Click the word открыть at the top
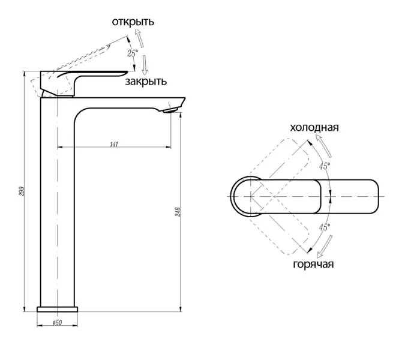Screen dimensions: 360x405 point(133,22)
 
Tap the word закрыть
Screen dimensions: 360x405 point(146,81)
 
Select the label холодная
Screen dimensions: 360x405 point(314,128)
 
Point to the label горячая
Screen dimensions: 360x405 point(313,264)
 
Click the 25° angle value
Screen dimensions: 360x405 point(133,53)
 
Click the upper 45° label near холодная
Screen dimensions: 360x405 point(324,166)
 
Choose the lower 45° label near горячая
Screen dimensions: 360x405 point(324,227)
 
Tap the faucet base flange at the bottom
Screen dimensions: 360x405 point(58,309)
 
